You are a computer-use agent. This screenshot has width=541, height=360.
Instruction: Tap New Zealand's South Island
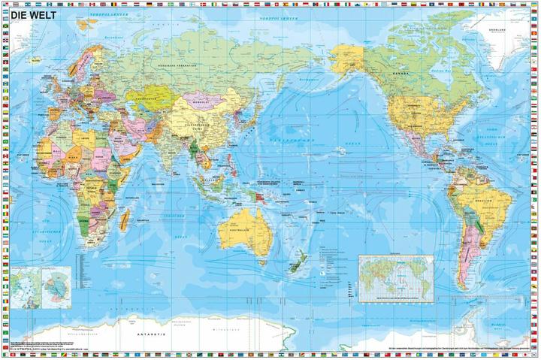304,263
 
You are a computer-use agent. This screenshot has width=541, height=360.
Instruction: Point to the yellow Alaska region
348,60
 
